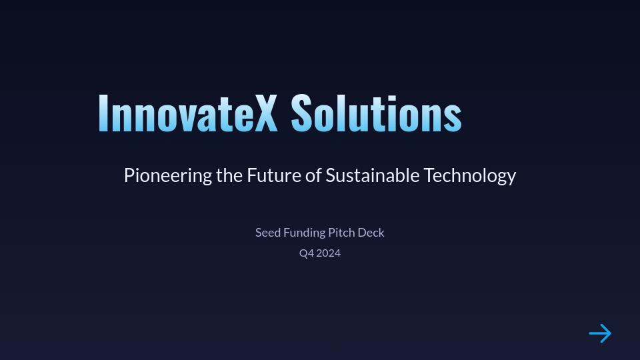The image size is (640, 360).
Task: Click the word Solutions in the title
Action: pos(376,113)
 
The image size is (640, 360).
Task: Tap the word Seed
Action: pos(267,233)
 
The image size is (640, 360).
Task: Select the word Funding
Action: pos(304,233)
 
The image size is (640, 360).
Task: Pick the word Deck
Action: pos(371,233)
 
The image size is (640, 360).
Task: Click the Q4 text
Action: pos(306,253)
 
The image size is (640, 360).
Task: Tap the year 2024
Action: pos(329,253)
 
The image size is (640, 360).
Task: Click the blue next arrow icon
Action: pos(600,333)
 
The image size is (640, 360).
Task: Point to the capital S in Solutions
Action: pos(302,113)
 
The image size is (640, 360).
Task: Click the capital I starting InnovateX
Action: pos(103,113)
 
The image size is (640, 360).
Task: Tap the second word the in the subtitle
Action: pos(229,175)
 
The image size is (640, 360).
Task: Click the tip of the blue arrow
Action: pos(610,333)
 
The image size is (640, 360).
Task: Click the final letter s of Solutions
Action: pos(453,117)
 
